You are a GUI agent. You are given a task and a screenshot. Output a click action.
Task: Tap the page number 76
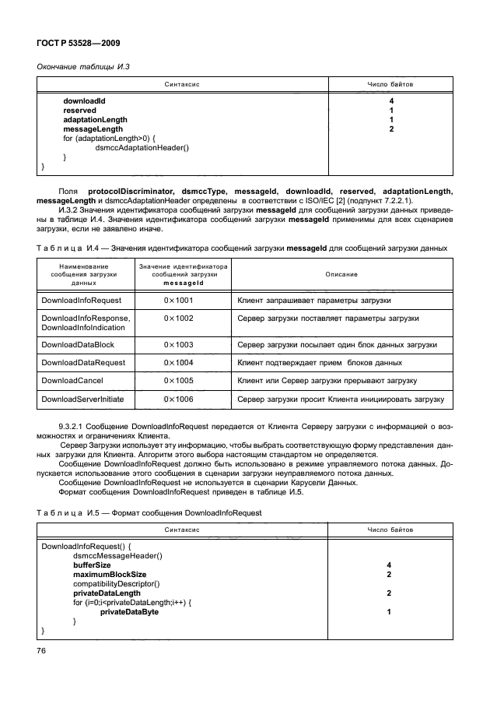(42, 650)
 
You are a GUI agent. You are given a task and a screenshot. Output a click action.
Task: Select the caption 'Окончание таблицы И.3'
(83, 66)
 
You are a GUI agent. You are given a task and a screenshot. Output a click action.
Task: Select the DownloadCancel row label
(72, 380)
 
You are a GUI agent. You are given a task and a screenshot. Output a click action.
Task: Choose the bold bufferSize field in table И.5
(92, 565)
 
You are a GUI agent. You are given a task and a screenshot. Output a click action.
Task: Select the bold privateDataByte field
(129, 612)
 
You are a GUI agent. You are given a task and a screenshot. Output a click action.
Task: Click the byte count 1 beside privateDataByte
(390, 612)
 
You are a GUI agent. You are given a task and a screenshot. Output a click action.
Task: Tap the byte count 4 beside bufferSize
(390, 565)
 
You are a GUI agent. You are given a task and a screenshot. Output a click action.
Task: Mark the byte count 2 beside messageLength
(390, 128)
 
